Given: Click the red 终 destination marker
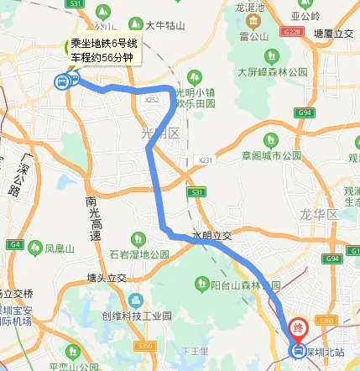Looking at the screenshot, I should click(x=298, y=327).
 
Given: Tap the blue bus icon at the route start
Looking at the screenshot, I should click(x=61, y=81).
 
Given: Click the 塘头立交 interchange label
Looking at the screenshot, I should click(x=106, y=276).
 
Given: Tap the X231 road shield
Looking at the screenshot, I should click(x=206, y=159).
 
